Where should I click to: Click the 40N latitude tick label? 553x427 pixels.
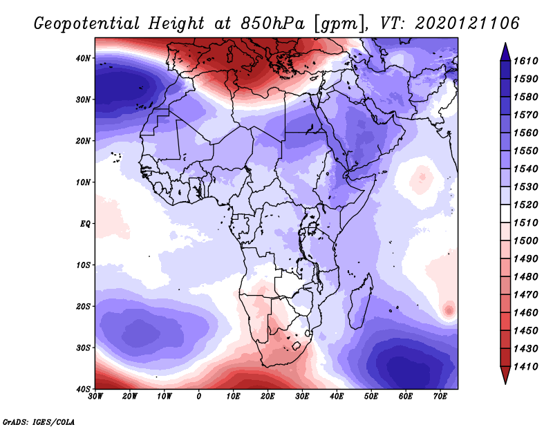tap(83, 58)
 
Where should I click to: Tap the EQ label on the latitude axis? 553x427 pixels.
tap(85, 224)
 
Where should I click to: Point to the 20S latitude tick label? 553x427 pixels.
tap(83, 307)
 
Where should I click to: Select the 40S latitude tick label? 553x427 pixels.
tap(83, 389)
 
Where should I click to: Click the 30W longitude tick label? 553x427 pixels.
tap(95, 397)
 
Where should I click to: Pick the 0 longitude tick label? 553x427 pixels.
tap(199, 397)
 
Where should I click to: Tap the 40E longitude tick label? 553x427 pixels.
tap(337, 397)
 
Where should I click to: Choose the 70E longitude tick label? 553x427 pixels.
tap(440, 397)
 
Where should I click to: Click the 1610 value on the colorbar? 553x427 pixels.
tap(525, 61)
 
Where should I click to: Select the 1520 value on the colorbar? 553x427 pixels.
tap(525, 205)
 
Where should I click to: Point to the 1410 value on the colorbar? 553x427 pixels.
tap(525, 367)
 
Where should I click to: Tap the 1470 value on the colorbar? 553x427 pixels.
tap(525, 295)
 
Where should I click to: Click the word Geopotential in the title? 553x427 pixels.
tap(86, 23)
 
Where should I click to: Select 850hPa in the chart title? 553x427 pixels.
tap(272, 23)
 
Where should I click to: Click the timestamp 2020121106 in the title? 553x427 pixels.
tap(467, 23)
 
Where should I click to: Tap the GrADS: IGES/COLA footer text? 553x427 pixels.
tap(39, 422)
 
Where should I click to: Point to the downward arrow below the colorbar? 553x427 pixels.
tap(505, 375)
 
